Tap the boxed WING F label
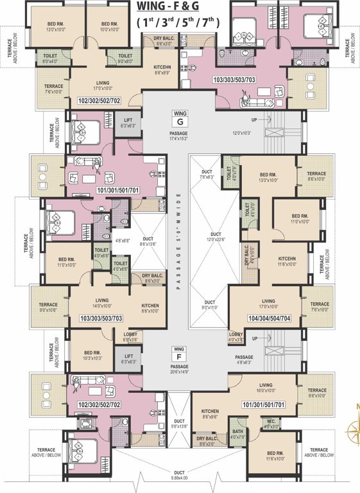coord(179,352)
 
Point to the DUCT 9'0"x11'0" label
coord(210,305)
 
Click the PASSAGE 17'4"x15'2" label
coord(179,135)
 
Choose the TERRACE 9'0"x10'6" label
coord(48,307)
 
